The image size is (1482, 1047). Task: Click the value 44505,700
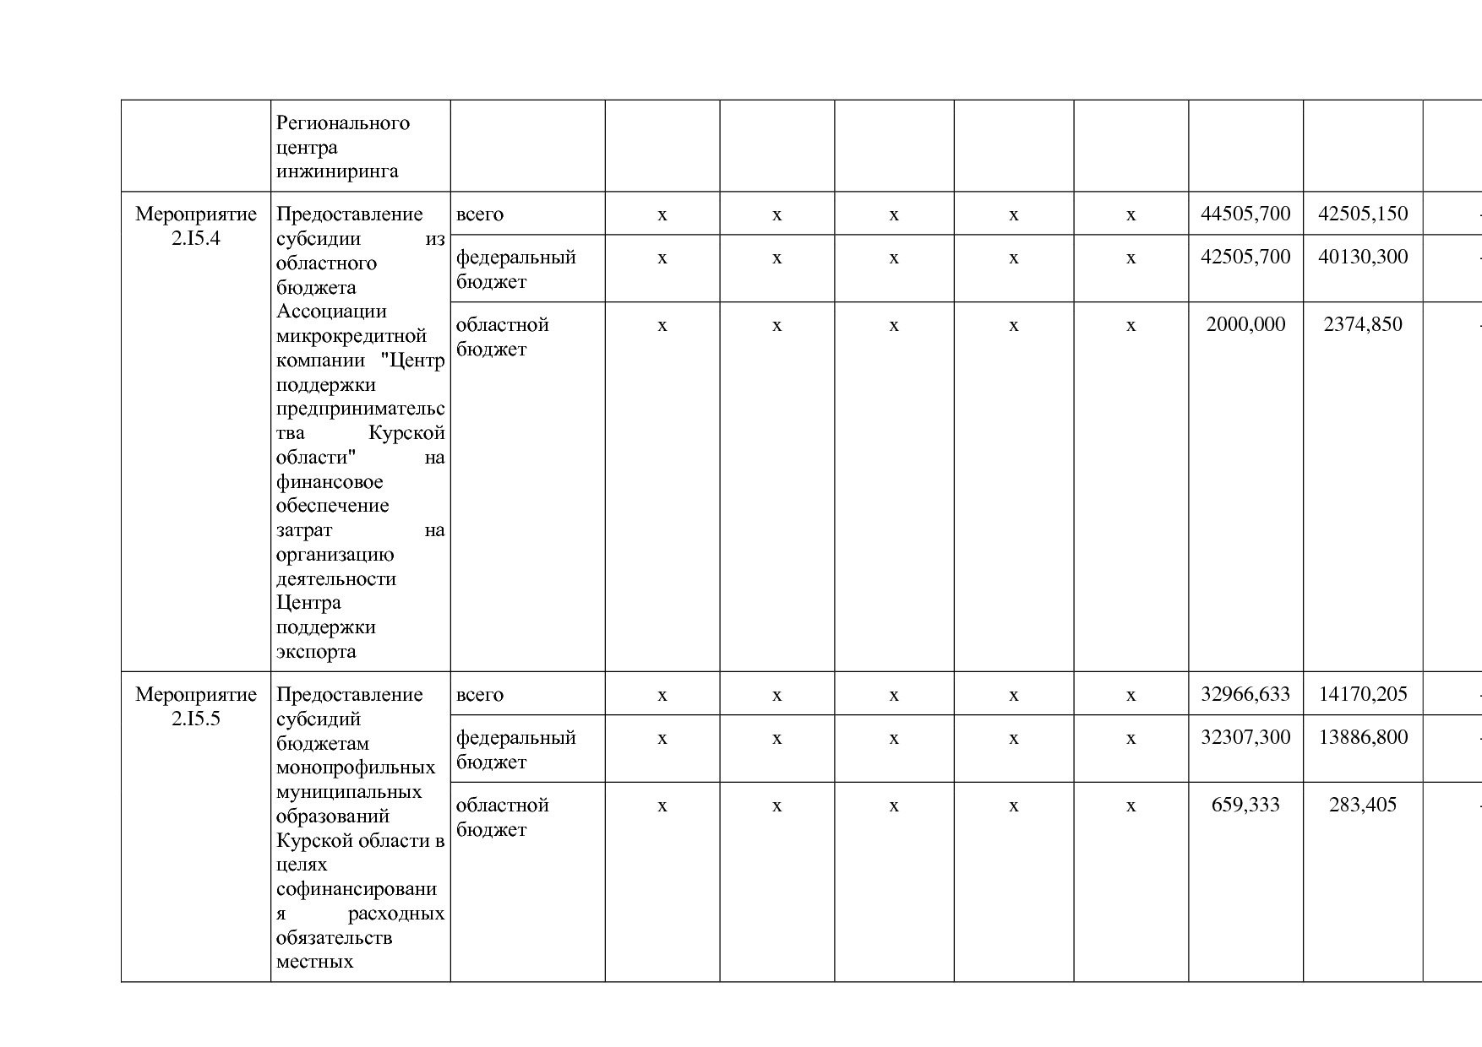1245,214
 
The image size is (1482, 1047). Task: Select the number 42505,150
1363,214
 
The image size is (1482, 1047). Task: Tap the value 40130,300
1363,257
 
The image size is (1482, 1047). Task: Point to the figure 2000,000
1245,324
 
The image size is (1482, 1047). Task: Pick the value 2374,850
1363,324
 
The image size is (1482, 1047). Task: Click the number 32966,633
1245,694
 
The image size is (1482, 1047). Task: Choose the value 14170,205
1363,694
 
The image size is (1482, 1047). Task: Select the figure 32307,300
1245,737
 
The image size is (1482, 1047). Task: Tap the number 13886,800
1363,737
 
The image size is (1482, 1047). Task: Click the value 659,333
1245,805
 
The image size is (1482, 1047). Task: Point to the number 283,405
1363,805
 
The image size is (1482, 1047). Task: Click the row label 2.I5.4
196,238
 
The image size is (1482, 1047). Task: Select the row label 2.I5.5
196,719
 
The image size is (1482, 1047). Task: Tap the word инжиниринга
337,171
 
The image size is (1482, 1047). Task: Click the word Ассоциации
331,312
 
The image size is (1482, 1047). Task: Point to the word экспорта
316,652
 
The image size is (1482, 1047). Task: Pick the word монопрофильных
356,768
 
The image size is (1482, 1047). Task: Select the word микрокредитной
351,336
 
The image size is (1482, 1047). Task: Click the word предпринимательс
360,409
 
